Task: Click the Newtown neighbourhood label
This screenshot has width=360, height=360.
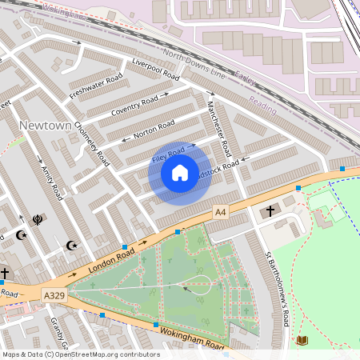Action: pyautogui.click(x=45, y=126)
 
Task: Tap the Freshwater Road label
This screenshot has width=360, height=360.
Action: pyautogui.click(x=95, y=86)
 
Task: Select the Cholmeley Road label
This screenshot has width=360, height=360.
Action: pyautogui.click(x=91, y=143)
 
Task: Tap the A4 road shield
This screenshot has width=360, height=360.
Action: pyautogui.click(x=221, y=212)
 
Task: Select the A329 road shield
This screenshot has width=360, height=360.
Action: pyautogui.click(x=54, y=296)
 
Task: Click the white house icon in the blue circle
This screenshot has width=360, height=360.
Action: pyautogui.click(x=180, y=172)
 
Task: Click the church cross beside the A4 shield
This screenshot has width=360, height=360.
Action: pyautogui.click(x=270, y=211)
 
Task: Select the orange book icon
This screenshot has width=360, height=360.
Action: pyautogui.click(x=302, y=341)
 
